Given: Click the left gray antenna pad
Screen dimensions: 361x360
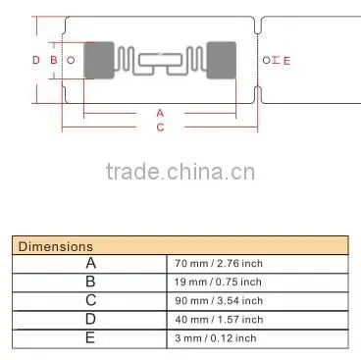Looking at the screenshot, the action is (99, 60).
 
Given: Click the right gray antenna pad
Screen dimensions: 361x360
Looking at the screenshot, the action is (222, 60).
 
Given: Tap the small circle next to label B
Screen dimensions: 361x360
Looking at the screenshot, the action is (71, 60).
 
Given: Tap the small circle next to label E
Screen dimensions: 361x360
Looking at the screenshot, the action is (267, 60).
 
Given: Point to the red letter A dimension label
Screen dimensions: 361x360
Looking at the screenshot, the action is (160, 113).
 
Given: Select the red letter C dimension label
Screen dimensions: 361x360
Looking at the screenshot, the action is (160, 128).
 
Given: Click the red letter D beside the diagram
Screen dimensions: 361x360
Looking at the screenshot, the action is (36, 60).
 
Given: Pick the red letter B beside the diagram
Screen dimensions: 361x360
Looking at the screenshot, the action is (54, 60).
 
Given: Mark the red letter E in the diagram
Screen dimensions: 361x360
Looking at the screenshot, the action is (286, 61).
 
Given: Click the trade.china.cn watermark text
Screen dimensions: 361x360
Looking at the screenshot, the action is (180, 172).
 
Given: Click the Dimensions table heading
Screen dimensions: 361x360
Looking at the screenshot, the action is (56, 246).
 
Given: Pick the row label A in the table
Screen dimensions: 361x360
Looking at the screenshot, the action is (91, 263).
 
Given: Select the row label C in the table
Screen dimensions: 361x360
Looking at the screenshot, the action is (91, 300).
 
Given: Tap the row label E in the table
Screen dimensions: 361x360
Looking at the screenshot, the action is (90, 337).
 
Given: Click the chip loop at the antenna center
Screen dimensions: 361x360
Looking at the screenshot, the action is (160, 60).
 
